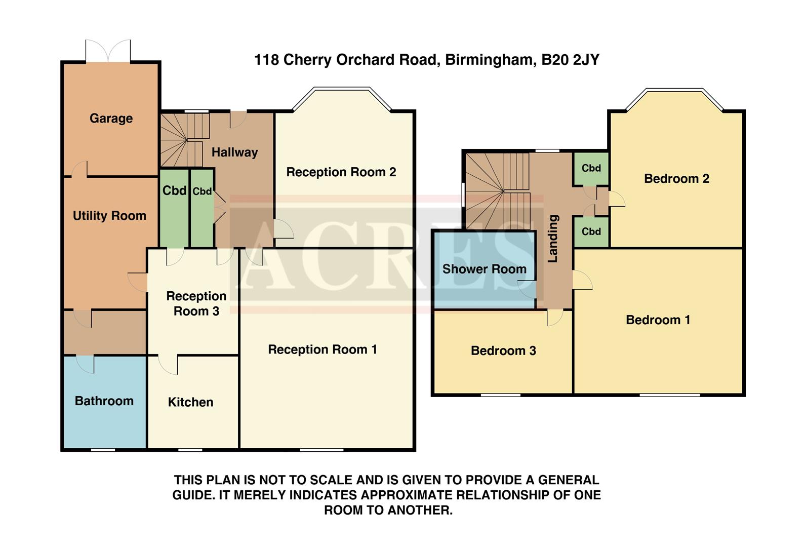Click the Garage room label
111,119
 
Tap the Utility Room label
109,216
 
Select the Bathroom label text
104,401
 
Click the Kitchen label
190,402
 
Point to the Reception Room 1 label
322,349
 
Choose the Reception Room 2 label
341,172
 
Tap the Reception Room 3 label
196,303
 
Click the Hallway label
234,152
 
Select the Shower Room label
484,269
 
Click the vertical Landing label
553,238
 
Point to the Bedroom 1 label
658,320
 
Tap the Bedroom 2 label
676,179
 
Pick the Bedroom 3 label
503,351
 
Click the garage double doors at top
108,52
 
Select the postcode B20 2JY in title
570,60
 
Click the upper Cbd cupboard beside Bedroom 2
591,168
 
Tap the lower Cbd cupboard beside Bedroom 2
591,231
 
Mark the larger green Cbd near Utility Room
174,208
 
